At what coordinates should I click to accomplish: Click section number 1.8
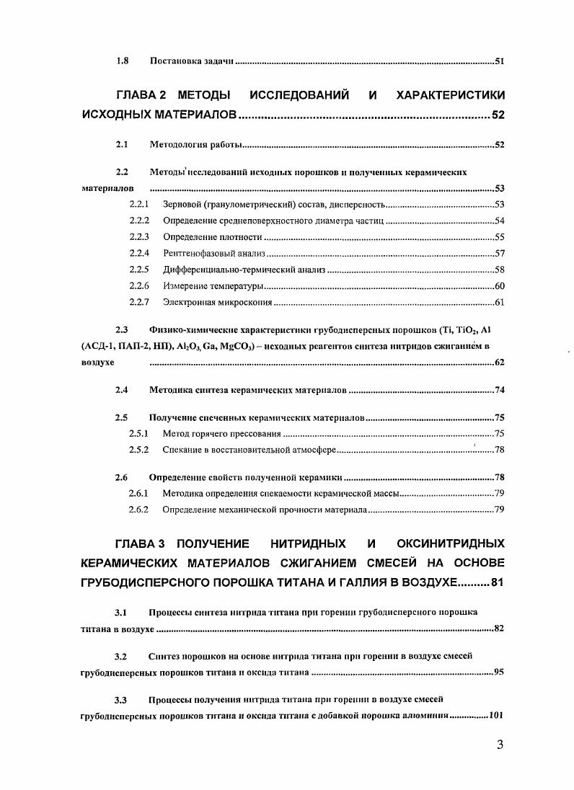click(x=122, y=61)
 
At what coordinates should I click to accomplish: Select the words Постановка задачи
click(x=191, y=61)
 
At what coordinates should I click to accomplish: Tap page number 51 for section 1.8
click(x=498, y=61)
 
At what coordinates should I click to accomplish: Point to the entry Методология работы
click(x=195, y=145)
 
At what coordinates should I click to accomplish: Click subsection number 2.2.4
click(x=138, y=253)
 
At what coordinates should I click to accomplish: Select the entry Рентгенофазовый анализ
click(x=214, y=253)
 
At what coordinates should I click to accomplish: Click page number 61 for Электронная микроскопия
click(x=498, y=302)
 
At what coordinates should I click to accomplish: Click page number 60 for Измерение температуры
click(x=498, y=286)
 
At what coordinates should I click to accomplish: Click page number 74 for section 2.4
click(x=498, y=390)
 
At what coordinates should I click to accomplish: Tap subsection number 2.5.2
click(x=138, y=450)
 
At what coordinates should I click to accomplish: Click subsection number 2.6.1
click(x=138, y=494)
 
